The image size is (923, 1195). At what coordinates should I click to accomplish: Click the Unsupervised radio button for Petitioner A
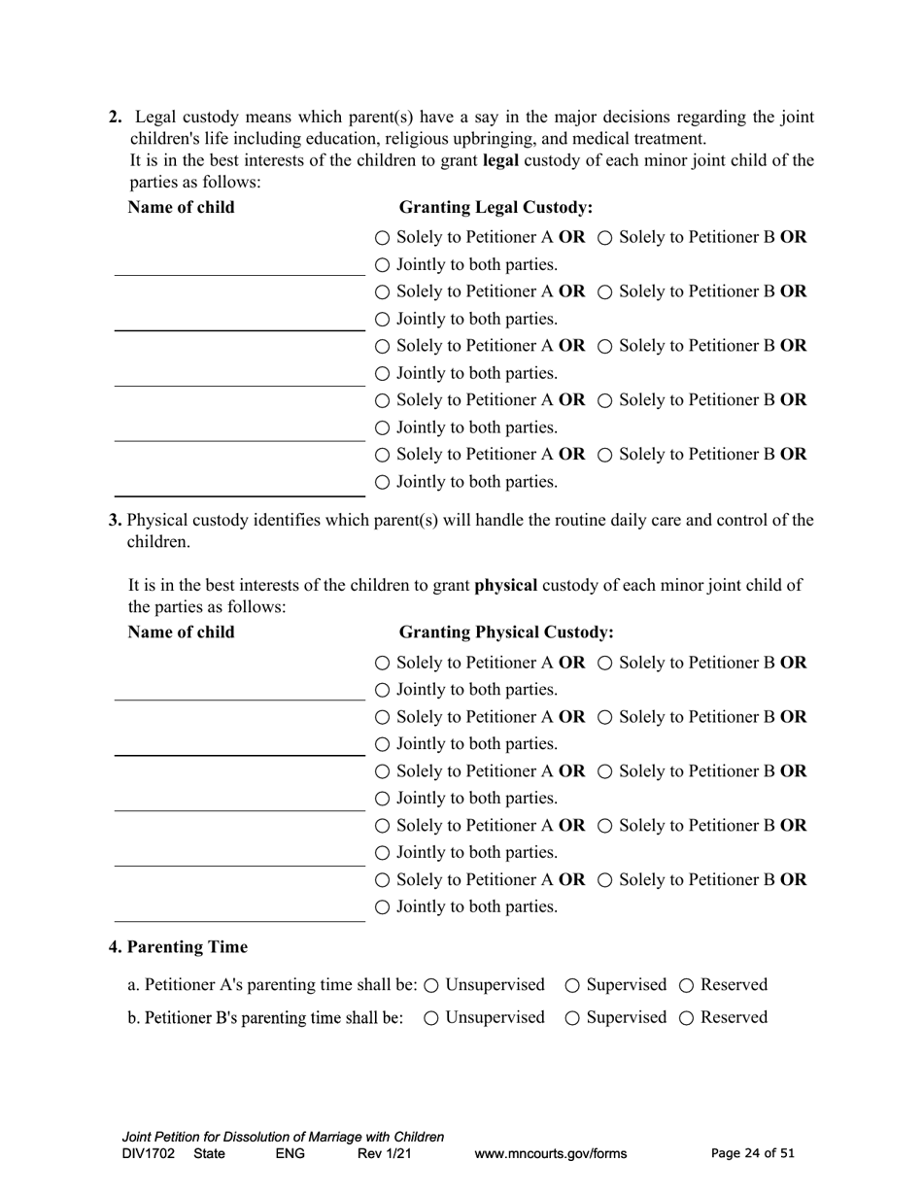pyautogui.click(x=431, y=986)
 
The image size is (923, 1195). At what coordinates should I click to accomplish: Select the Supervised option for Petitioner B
pyautogui.click(x=573, y=1018)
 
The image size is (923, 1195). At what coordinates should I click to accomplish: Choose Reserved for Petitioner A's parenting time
pyautogui.click(x=687, y=986)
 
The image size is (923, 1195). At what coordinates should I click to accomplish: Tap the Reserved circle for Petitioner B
pyautogui.click(x=687, y=1018)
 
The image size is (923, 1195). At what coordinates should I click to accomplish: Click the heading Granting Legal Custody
pyautogui.click(x=496, y=208)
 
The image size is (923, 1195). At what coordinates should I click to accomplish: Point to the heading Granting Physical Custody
pyautogui.click(x=506, y=632)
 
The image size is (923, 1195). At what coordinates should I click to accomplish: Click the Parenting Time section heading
pyautogui.click(x=178, y=947)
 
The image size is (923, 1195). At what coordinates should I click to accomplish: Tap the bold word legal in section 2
pyautogui.click(x=500, y=160)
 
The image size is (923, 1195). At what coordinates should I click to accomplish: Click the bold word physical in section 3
pyautogui.click(x=505, y=586)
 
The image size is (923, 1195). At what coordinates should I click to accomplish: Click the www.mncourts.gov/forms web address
pyautogui.click(x=550, y=1154)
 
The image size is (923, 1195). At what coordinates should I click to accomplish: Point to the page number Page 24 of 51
pyautogui.click(x=753, y=1154)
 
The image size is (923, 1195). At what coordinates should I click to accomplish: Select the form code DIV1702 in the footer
pyautogui.click(x=149, y=1154)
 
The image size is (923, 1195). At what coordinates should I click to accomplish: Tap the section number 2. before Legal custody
pyautogui.click(x=116, y=118)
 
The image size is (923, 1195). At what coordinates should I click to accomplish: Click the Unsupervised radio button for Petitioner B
pyautogui.click(x=431, y=1018)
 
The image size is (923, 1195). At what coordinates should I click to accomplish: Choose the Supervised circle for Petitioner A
pyautogui.click(x=573, y=986)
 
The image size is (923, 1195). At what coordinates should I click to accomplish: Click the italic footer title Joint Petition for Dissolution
pyautogui.click(x=283, y=1137)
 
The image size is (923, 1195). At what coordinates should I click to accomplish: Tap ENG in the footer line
pyautogui.click(x=291, y=1154)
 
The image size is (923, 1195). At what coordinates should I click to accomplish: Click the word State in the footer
pyautogui.click(x=209, y=1154)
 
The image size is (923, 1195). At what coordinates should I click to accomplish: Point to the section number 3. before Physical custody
pyautogui.click(x=116, y=521)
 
